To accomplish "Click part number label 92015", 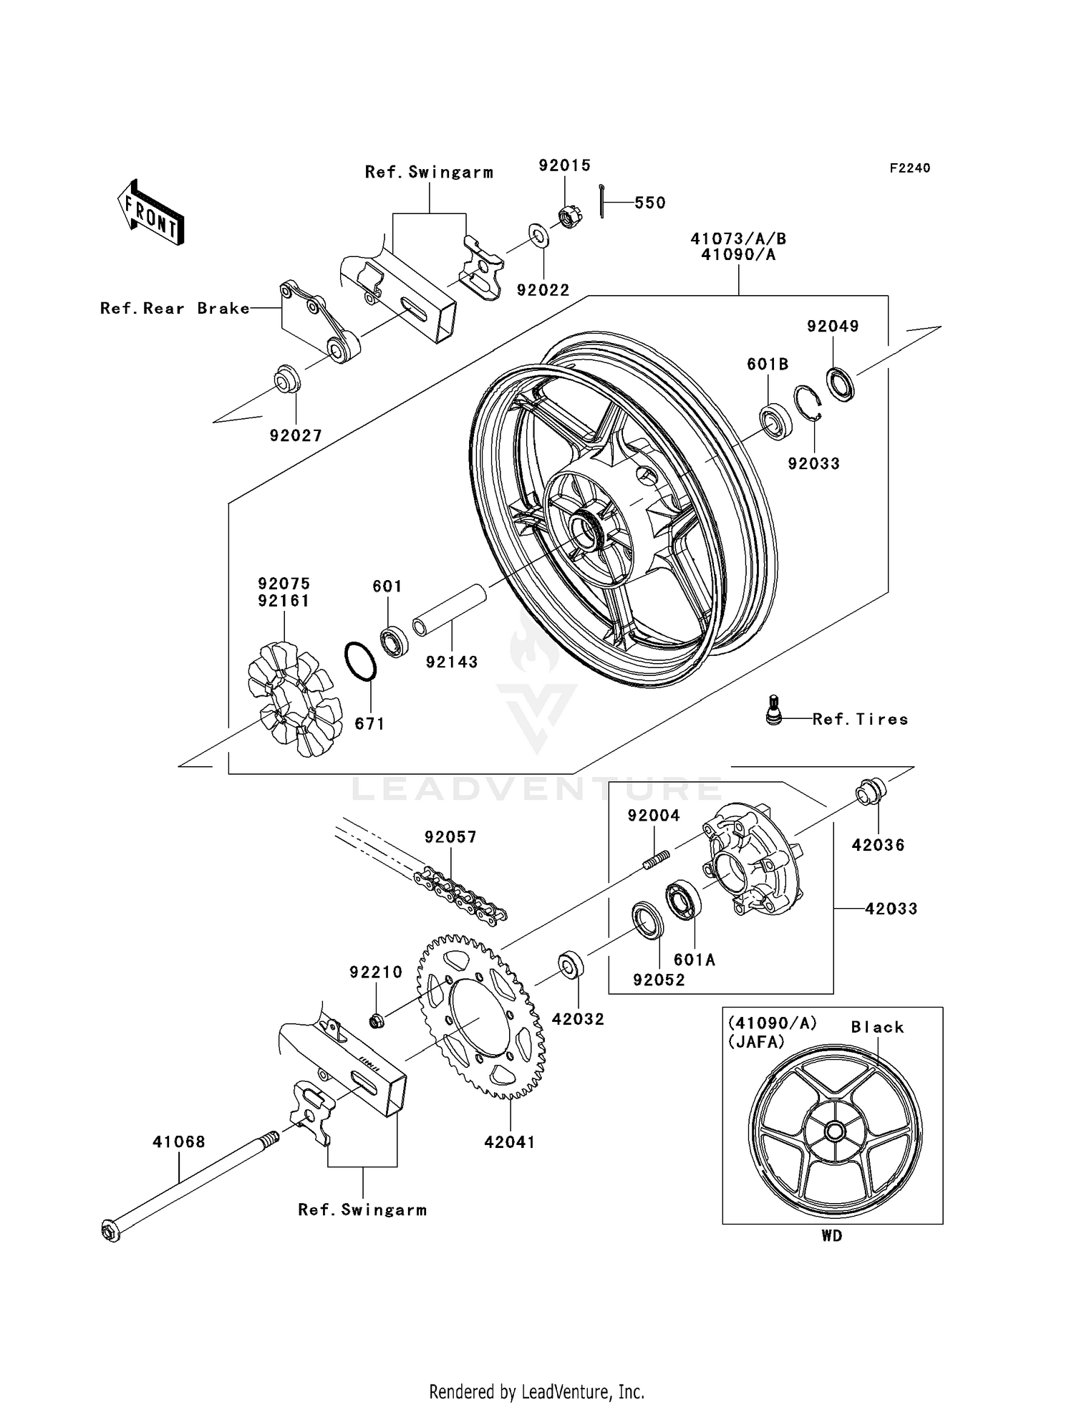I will [564, 165].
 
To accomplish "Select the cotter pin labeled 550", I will [602, 201].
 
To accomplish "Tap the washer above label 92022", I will [538, 234].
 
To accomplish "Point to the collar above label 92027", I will [288, 379].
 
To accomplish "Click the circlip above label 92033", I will [808, 402].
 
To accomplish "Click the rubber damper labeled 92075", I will [290, 699].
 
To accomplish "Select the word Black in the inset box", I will [876, 1027].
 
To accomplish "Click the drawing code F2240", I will [909, 168].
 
